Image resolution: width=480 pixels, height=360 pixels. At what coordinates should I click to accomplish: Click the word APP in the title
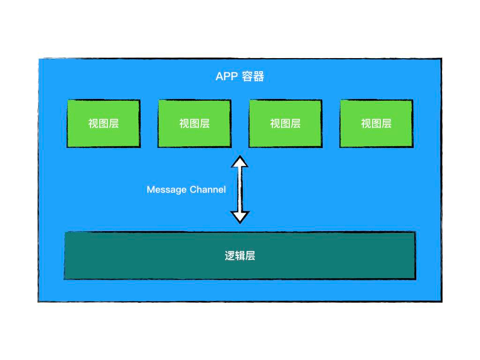[227, 76]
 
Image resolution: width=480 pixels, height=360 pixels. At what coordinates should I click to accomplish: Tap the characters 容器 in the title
[253, 76]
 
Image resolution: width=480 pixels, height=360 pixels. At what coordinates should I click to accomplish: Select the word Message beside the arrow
[166, 190]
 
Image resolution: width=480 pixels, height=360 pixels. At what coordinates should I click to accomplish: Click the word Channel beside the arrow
[208, 190]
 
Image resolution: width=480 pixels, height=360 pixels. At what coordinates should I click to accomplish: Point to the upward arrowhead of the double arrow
[240, 162]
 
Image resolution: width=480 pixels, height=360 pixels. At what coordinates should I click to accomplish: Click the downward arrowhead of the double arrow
[240, 217]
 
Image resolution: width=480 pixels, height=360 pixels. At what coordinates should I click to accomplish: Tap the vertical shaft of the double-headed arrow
[240, 189]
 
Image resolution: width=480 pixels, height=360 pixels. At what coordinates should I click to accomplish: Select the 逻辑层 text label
[240, 256]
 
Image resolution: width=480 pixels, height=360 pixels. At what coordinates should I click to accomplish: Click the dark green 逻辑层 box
[141, 256]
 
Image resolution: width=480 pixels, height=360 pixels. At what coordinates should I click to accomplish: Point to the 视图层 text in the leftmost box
[104, 123]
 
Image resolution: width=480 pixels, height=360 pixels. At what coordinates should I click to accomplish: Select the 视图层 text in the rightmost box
[376, 123]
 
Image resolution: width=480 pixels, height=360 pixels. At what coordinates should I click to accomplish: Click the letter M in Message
[150, 190]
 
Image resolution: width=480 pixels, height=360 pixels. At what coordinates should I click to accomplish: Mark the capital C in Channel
[193, 190]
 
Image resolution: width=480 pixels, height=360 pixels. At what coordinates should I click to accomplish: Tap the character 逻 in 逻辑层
[230, 256]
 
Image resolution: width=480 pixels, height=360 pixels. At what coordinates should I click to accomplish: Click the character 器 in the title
[259, 76]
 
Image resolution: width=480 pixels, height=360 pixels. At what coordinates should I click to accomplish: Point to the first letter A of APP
[219, 76]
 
